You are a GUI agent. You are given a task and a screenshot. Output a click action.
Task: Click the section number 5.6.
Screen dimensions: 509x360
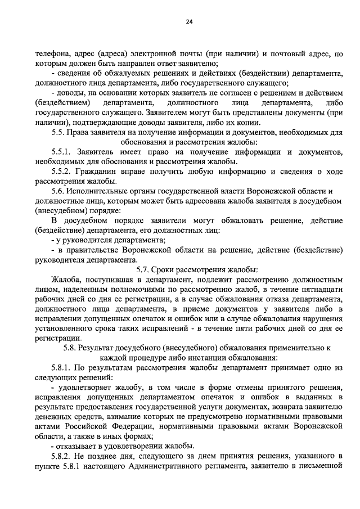tap(58, 191)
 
